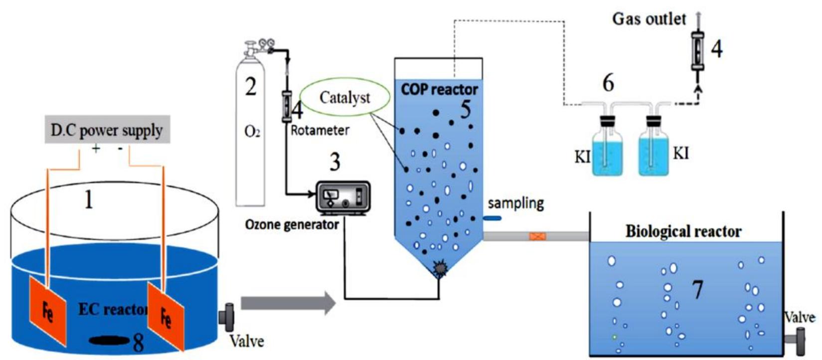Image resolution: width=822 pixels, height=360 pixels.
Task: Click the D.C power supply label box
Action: (x=107, y=130)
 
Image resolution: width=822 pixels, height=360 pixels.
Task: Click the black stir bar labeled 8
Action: (x=110, y=341)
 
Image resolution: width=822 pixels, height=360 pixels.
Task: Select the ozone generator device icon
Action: (x=343, y=198)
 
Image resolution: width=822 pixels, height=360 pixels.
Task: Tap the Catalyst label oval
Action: (x=345, y=98)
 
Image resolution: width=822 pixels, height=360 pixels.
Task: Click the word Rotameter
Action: (x=320, y=131)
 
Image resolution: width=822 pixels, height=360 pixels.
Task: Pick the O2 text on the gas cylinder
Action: (x=252, y=133)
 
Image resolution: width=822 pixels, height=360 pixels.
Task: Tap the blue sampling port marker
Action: (x=492, y=218)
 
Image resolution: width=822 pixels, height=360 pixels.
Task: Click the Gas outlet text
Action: (x=649, y=19)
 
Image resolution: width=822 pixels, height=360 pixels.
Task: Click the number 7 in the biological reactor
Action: (x=697, y=290)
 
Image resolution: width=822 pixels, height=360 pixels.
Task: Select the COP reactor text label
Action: (x=439, y=90)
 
